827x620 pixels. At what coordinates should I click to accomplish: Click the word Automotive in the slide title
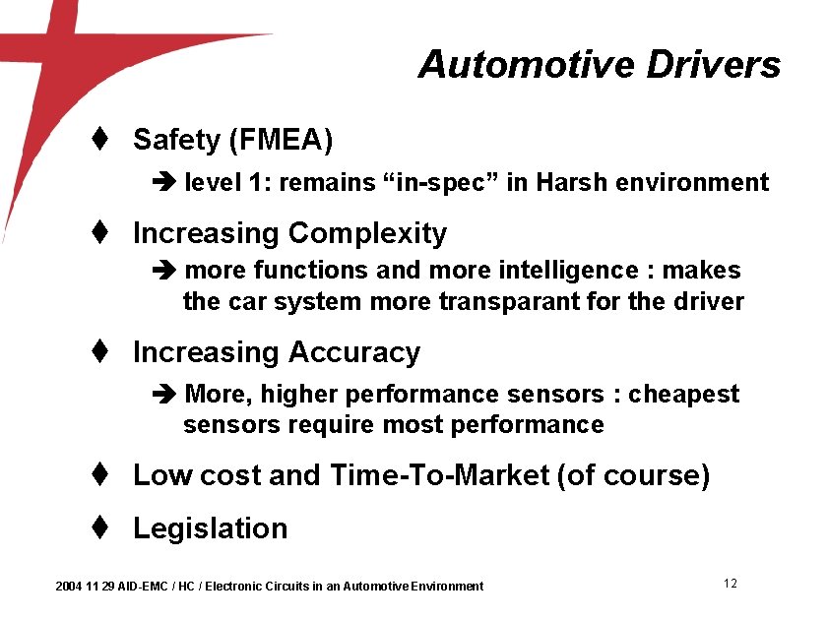[x=527, y=65]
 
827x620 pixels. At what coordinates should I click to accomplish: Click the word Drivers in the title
[x=714, y=65]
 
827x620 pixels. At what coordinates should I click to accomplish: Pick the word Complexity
[x=367, y=233]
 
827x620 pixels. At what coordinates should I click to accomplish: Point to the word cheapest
[x=683, y=395]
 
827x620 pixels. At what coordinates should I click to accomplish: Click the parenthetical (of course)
[x=633, y=475]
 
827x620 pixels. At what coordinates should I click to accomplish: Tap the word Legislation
[x=210, y=528]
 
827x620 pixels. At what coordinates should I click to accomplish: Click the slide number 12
[x=730, y=584]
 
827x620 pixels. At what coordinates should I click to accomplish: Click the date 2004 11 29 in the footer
[x=85, y=587]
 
